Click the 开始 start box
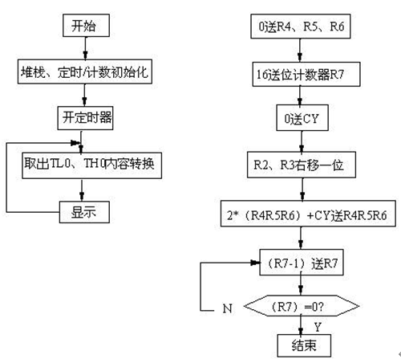pos(83,26)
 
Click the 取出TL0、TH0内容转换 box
pos(92,165)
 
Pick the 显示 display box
pos(83,212)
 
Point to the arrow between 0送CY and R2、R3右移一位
pos(300,143)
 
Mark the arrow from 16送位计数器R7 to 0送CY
pos(300,97)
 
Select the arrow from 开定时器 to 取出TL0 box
pos(83,142)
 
